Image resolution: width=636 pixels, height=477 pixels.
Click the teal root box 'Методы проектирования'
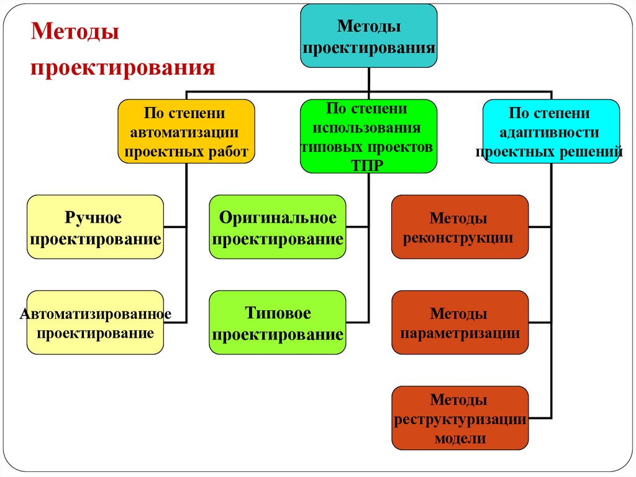(x=369, y=36)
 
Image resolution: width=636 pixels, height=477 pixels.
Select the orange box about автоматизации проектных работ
(x=186, y=131)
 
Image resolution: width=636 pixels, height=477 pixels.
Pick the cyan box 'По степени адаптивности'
(x=550, y=131)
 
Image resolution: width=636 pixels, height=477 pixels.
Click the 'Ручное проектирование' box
(x=95, y=227)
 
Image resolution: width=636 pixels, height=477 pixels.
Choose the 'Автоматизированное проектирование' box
(x=95, y=323)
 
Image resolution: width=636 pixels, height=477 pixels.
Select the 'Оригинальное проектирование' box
(x=277, y=227)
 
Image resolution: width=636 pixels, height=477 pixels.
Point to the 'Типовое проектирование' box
(x=277, y=323)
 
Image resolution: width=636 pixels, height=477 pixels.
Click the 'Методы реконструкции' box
(x=460, y=227)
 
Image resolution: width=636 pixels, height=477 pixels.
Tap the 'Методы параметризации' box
(x=460, y=323)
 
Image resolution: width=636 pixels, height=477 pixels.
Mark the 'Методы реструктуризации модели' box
(x=460, y=418)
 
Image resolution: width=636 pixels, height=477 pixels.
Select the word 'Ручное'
(x=93, y=218)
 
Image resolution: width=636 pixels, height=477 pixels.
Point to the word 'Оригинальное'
(x=278, y=218)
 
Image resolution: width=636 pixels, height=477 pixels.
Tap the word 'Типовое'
(x=278, y=313)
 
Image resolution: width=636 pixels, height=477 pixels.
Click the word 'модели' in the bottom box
(x=460, y=438)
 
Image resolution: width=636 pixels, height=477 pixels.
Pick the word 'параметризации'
(x=460, y=333)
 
